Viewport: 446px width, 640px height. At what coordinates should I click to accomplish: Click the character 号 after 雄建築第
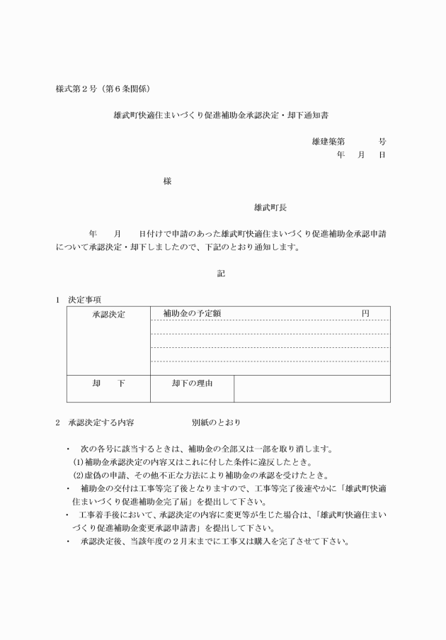382,142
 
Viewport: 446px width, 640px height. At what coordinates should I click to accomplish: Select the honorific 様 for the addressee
167,181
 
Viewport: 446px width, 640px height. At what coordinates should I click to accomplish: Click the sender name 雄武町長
270,208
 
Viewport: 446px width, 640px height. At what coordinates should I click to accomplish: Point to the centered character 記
221,274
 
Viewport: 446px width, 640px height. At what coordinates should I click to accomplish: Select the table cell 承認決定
108,314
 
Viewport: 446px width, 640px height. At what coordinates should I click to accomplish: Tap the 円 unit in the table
365,313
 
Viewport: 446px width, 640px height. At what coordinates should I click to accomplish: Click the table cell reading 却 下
108,383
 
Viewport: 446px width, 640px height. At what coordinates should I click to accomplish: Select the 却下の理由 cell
192,383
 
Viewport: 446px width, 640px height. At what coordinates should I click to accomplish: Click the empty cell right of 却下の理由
311,388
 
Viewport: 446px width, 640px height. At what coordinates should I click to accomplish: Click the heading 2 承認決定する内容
96,423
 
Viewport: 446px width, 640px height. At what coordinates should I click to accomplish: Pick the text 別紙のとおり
215,423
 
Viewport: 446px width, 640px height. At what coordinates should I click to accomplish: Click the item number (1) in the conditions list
79,462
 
